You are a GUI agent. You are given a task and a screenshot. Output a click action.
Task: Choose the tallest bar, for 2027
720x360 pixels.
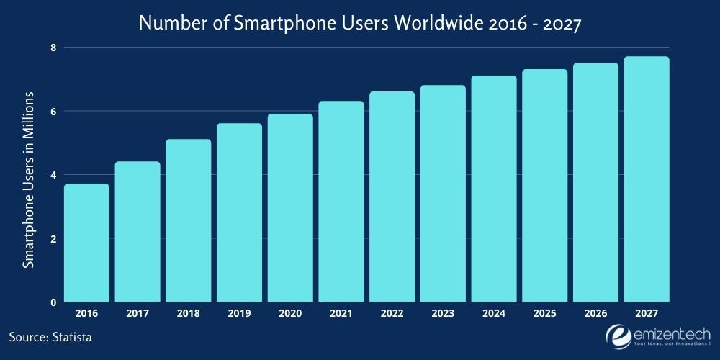tap(647, 179)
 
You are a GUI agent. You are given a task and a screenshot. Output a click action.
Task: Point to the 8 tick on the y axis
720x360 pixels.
tap(53, 48)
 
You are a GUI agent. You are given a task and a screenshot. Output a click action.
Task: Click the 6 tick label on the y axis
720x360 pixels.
tap(53, 111)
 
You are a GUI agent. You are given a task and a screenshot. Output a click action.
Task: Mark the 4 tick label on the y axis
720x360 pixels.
tap(53, 175)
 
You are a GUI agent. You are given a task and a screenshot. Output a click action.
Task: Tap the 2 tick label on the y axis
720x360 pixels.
tap(53, 239)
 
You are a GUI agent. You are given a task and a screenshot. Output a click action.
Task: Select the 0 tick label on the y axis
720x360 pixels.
tap(53, 302)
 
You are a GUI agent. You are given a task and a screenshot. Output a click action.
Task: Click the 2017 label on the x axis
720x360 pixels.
tap(138, 314)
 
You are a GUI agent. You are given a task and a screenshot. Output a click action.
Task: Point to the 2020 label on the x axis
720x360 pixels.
tap(290, 314)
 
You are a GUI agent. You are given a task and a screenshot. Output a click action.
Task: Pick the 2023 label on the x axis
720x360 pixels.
tap(443, 314)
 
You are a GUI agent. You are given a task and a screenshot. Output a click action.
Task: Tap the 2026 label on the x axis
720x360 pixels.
tap(595, 314)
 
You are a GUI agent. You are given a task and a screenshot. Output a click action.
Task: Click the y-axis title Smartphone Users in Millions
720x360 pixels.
tap(28, 179)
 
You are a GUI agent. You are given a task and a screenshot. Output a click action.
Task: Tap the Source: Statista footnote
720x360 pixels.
tap(51, 336)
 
